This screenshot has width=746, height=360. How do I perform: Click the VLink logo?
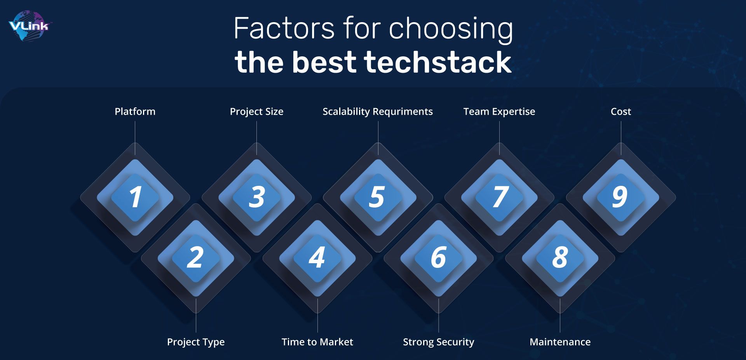pos(30,26)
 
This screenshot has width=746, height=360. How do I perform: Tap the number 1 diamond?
pos(135,197)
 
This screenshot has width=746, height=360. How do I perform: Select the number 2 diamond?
pos(195,258)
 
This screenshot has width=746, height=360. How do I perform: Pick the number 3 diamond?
pos(256,197)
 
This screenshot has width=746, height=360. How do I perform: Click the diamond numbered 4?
pos(317,258)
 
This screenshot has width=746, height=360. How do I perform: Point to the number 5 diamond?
pos(378,197)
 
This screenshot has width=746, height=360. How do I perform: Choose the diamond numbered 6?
pos(438,258)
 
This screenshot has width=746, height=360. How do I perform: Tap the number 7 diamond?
pos(499,197)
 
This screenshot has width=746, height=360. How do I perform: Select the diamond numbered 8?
pos(560,258)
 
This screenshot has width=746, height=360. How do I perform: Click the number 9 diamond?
pos(621,197)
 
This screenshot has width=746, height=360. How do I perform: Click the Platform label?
pos(135,112)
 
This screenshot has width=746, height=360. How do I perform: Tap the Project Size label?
pos(256,112)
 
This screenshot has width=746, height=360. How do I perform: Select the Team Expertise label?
pos(499,112)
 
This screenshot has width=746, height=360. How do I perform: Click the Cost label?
pos(621,112)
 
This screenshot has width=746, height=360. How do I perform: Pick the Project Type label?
pos(196,342)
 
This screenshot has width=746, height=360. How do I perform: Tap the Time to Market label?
pos(317,342)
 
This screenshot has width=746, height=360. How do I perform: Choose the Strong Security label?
pos(438,342)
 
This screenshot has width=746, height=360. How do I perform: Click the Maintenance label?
pos(560,342)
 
